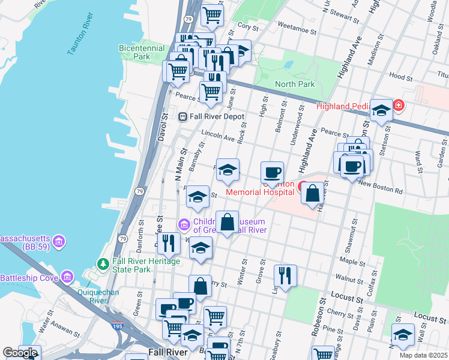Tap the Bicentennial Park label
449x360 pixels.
click(x=142, y=52)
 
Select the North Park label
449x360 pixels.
click(x=295, y=84)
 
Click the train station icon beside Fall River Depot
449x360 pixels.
click(x=183, y=116)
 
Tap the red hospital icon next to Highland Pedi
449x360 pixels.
click(x=399, y=106)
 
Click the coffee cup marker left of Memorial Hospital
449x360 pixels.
click(x=273, y=172)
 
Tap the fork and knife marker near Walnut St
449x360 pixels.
click(x=284, y=275)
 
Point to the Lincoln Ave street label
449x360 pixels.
click(x=218, y=137)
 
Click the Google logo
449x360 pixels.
click(x=20, y=353)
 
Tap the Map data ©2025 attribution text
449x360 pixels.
click(x=423, y=355)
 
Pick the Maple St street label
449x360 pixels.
click(x=352, y=262)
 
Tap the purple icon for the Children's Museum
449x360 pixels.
click(x=184, y=225)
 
